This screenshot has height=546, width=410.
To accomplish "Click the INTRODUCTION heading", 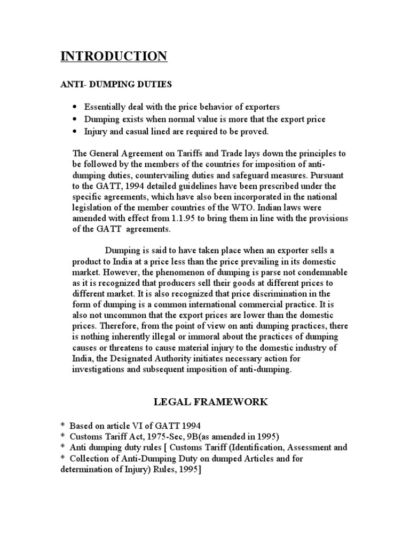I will click(113, 57).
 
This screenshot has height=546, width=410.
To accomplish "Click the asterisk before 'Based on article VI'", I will click(62, 425).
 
